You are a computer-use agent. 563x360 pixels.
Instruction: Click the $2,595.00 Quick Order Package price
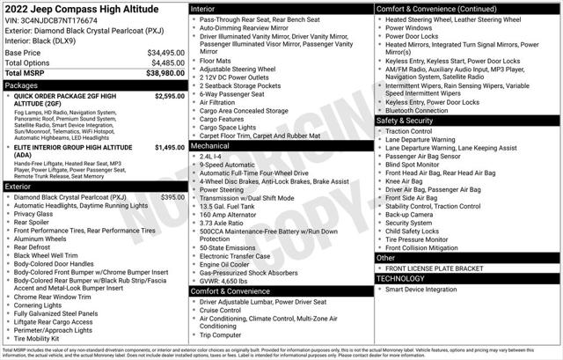coord(169,96)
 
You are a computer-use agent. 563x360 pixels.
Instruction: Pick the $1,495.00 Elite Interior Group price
coord(169,148)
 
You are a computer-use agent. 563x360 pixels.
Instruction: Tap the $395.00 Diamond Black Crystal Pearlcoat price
coord(172,198)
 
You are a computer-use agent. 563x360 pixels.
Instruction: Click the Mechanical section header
coord(213,147)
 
